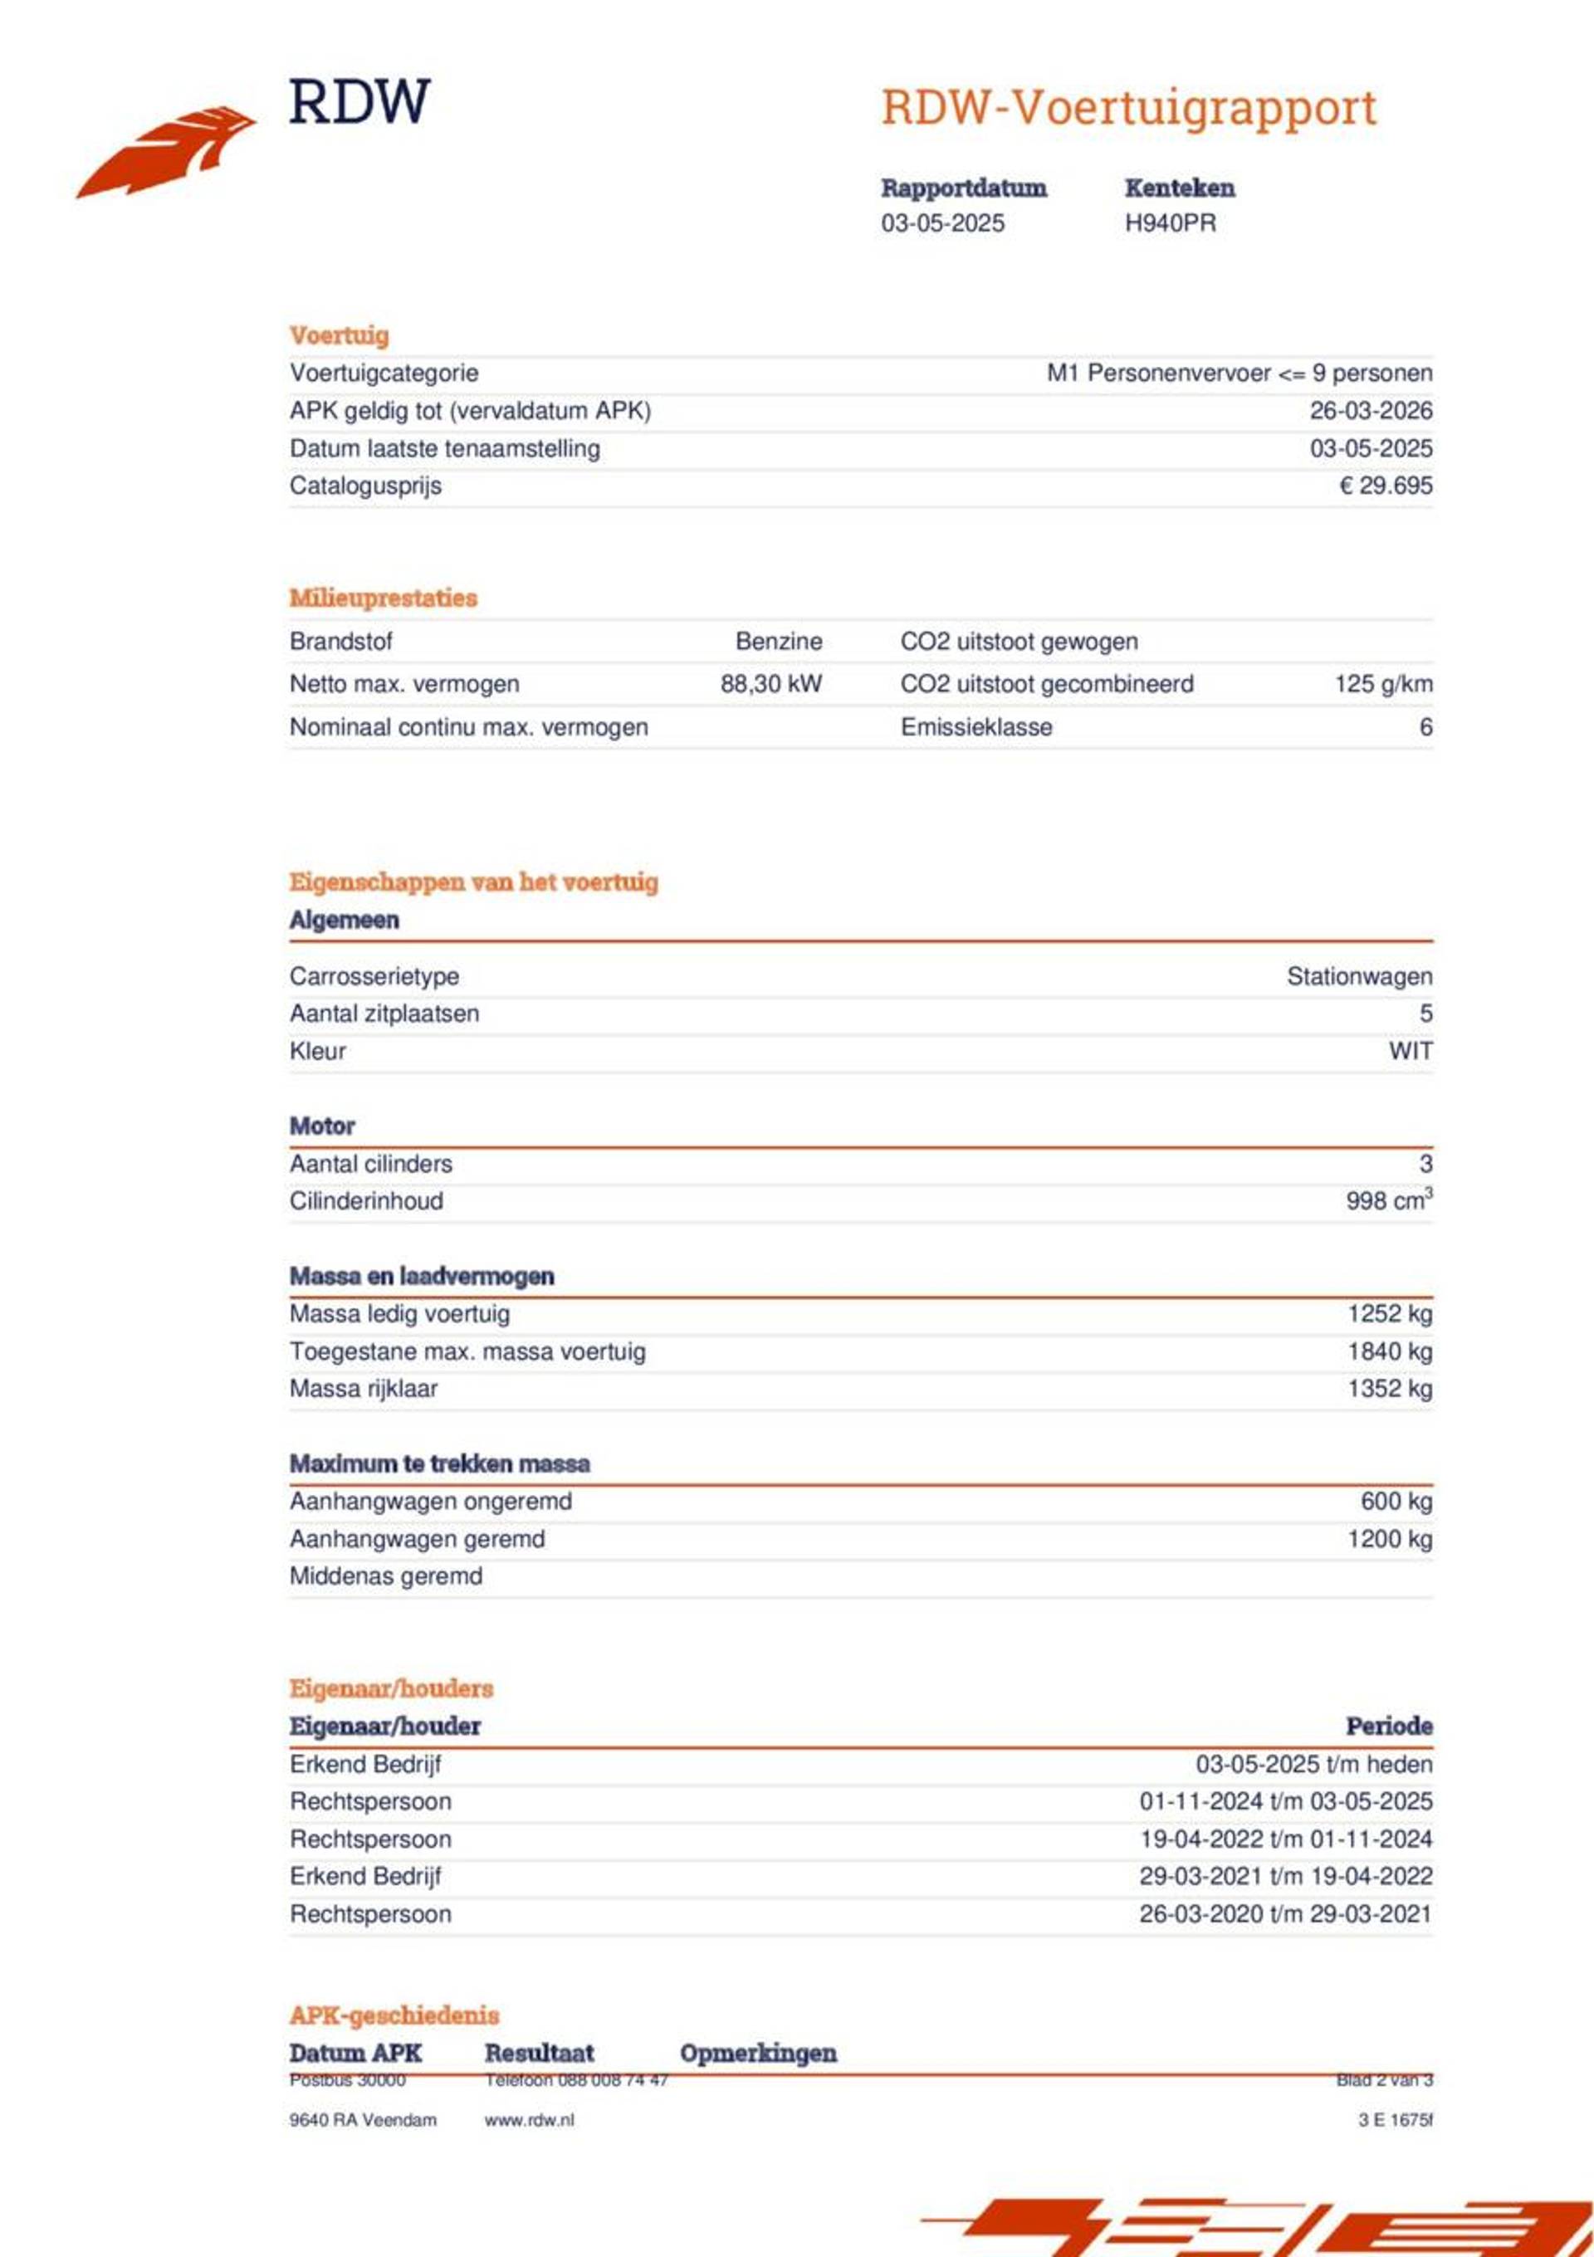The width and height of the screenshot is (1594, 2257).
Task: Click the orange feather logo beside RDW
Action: (167, 153)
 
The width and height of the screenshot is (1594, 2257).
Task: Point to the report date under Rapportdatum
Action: (942, 223)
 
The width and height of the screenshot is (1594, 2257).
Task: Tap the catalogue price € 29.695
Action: (1385, 486)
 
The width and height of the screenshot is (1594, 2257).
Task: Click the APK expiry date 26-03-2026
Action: (1370, 411)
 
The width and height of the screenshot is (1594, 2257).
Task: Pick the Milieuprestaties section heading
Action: (383, 598)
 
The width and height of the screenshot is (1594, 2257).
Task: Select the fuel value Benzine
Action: (778, 642)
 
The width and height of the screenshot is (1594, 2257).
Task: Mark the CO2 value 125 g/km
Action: (1382, 684)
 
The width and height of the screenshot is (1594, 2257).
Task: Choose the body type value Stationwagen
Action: (1359, 976)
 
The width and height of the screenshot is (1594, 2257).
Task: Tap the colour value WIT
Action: (1411, 1051)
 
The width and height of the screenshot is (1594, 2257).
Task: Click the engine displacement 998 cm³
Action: (1387, 1200)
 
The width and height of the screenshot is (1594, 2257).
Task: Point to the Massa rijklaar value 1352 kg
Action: (1390, 1388)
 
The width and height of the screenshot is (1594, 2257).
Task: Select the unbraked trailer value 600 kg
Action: (1396, 1501)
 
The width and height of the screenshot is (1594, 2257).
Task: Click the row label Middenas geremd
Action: (385, 1576)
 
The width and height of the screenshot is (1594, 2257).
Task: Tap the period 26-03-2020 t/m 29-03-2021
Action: (1285, 1913)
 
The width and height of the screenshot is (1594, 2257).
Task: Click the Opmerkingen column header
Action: (758, 2053)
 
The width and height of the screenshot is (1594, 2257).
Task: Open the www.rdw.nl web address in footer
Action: (529, 2119)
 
